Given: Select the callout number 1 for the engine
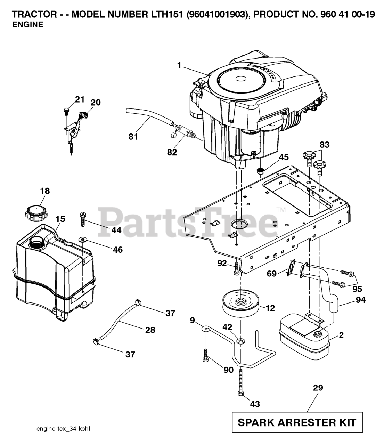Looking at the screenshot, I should coord(179,65).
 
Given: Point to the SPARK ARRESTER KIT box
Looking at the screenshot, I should coord(297,422).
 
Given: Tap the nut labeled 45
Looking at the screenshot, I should coord(260,171).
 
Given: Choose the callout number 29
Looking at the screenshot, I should coord(318,387).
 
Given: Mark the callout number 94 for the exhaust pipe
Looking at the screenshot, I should coord(361,300).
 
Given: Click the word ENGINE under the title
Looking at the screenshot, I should coord(28,25).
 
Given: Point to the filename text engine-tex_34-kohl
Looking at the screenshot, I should coord(63,429).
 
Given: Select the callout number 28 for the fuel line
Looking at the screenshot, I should coord(150,330).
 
